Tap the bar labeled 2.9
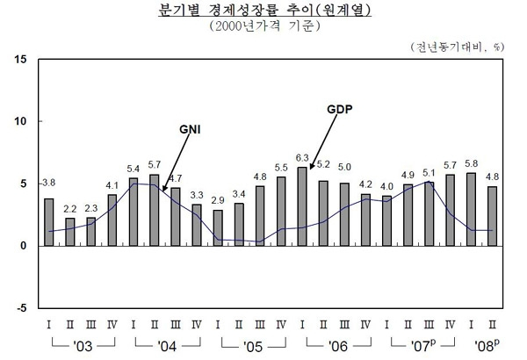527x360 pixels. point(218,227)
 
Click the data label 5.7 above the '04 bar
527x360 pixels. point(155,164)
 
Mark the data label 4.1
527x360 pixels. point(112,185)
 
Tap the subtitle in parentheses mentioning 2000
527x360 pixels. point(263,26)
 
